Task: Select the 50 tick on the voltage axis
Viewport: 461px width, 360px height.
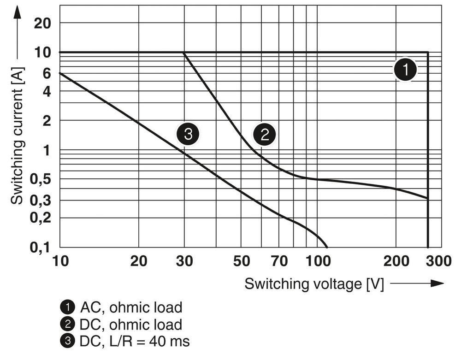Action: pos(241,261)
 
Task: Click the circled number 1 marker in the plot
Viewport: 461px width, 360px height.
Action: pos(406,71)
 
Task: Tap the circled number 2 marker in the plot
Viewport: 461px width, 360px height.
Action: pos(265,135)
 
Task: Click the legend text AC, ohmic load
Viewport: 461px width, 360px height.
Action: pos(131,307)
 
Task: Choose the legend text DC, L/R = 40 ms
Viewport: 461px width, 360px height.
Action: pos(135,341)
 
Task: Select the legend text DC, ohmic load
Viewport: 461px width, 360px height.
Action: pos(131,324)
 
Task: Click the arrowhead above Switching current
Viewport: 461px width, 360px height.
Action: pos(18,12)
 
